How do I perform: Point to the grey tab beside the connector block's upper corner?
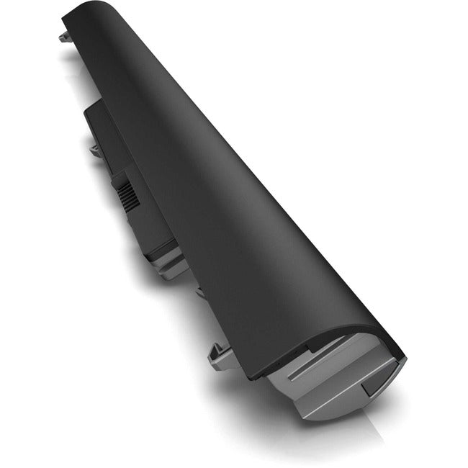pos(95,149)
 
